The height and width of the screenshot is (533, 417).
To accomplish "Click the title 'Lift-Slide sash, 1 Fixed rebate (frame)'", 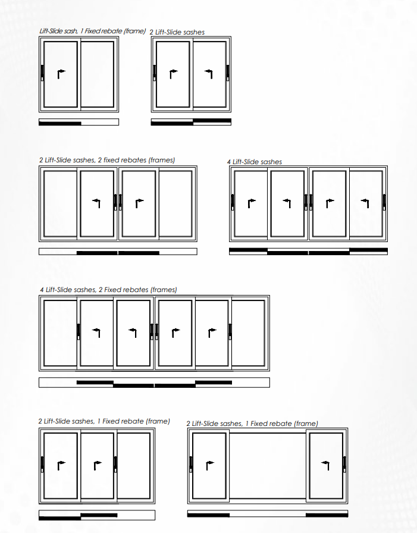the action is point(92,31).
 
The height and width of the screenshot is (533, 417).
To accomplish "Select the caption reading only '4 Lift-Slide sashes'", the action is point(255,162).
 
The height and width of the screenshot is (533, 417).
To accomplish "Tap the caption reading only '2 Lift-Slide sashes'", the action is point(177,32).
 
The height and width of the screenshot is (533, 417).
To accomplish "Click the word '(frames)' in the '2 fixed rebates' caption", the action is point(162,160).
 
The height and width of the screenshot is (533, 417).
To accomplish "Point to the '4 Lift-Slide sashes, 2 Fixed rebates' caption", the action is point(108,290).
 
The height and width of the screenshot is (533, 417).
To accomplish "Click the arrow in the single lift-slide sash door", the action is point(61,74).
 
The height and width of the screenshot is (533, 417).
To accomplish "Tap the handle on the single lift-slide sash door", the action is point(42,73).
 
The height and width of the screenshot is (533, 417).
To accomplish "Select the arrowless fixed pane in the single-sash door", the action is point(98,74).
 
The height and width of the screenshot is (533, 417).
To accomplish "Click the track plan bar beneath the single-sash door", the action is point(79,122).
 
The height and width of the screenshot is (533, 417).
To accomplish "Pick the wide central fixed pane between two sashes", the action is point(268,466).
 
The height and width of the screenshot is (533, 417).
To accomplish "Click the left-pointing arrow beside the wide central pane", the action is point(325,465).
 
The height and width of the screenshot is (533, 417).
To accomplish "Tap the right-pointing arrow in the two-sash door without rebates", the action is point(173,74).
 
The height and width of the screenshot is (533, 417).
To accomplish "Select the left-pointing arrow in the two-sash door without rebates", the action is point(209,74).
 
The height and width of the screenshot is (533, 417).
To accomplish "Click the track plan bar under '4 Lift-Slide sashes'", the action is point(308,251).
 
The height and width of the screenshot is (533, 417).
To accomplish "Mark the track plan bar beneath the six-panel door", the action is point(154,382).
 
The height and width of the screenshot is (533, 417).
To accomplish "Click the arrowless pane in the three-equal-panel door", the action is point(134,466).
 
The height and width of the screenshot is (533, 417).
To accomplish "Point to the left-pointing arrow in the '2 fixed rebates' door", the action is point(96,203).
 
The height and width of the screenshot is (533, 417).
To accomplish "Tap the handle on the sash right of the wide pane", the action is point(344,465).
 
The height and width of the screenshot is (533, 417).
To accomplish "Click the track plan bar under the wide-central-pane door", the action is point(268,513).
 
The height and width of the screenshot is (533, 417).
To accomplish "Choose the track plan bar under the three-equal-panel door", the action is point(97,515).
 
